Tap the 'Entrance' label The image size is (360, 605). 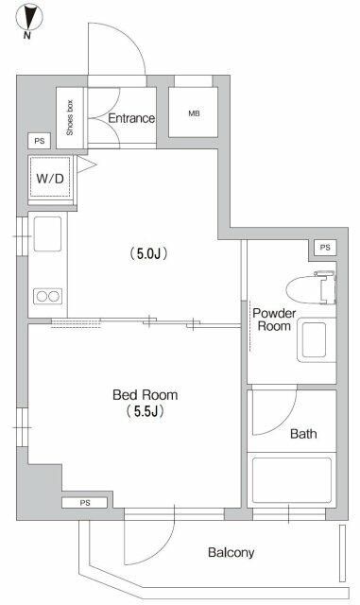point(131,118)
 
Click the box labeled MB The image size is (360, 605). point(194,114)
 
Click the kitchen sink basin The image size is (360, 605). point(46,233)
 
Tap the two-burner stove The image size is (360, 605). point(46,297)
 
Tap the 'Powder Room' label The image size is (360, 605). point(274,320)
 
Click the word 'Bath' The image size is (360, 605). point(303,435)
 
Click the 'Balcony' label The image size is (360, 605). point(231,553)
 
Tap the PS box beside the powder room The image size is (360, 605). point(325,248)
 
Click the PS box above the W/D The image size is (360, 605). point(39,141)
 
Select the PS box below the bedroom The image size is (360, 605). point(85,503)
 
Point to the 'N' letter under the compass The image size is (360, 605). point(28,37)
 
